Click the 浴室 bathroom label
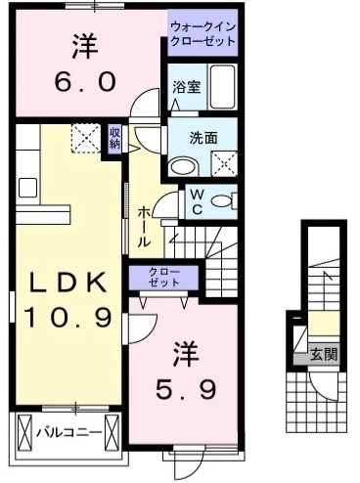click(186, 87)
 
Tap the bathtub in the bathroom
click(224, 89)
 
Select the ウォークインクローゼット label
click(202, 34)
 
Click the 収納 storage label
click(115, 138)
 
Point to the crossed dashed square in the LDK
click(85, 138)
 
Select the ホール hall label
click(144, 226)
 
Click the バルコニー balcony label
click(68, 430)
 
